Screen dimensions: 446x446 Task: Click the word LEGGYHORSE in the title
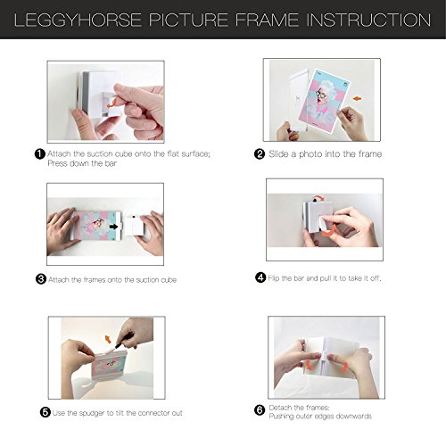(x=78, y=20)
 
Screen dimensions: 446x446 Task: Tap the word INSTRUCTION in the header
(x=368, y=20)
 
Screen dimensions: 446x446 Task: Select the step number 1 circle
(x=40, y=154)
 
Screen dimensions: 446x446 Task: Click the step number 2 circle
(x=260, y=154)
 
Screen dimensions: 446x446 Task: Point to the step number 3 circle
(x=41, y=279)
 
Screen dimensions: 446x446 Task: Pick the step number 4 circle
(x=260, y=277)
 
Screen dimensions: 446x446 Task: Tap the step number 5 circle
(x=45, y=412)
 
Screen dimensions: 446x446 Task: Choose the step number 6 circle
(x=260, y=410)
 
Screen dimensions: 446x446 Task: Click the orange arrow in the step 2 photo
(x=358, y=98)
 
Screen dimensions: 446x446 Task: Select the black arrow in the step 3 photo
(x=113, y=227)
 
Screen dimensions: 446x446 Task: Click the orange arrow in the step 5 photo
(x=108, y=339)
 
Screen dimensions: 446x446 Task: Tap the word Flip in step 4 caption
(x=274, y=278)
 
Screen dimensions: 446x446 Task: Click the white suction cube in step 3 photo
(x=134, y=227)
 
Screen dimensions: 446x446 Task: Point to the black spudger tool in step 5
(x=125, y=341)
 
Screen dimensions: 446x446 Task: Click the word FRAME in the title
(x=267, y=20)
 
